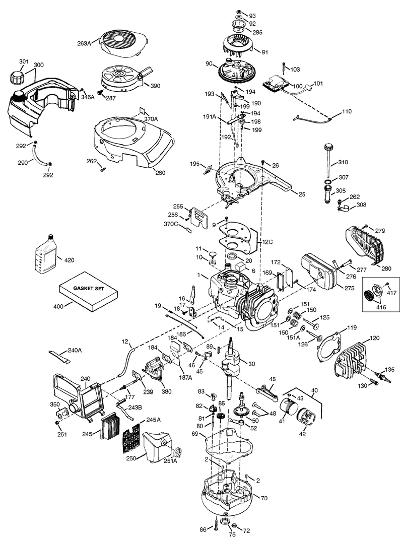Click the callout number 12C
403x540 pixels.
267,241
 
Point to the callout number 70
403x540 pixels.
264,497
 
